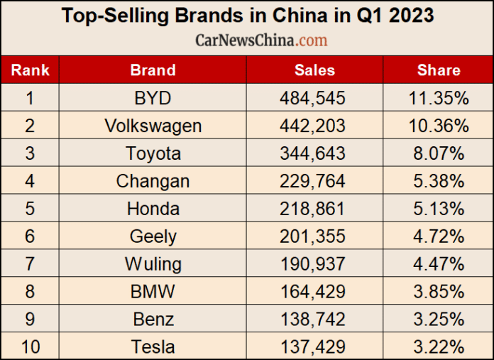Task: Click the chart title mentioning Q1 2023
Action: (x=247, y=16)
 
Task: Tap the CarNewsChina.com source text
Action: (x=261, y=40)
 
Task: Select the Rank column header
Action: (x=30, y=70)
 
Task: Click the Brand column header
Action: (x=153, y=70)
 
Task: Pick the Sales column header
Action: (x=314, y=70)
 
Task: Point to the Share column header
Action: (x=438, y=70)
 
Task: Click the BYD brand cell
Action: (x=153, y=98)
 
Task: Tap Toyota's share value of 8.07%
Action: (x=439, y=153)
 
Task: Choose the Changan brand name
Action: (x=153, y=181)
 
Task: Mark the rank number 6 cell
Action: (x=30, y=236)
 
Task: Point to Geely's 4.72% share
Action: (x=439, y=236)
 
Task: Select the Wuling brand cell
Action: (x=153, y=264)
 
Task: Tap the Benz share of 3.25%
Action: (x=439, y=320)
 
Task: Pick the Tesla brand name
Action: (x=153, y=347)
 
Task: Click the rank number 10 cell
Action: (x=30, y=347)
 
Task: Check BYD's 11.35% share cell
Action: (x=439, y=98)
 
